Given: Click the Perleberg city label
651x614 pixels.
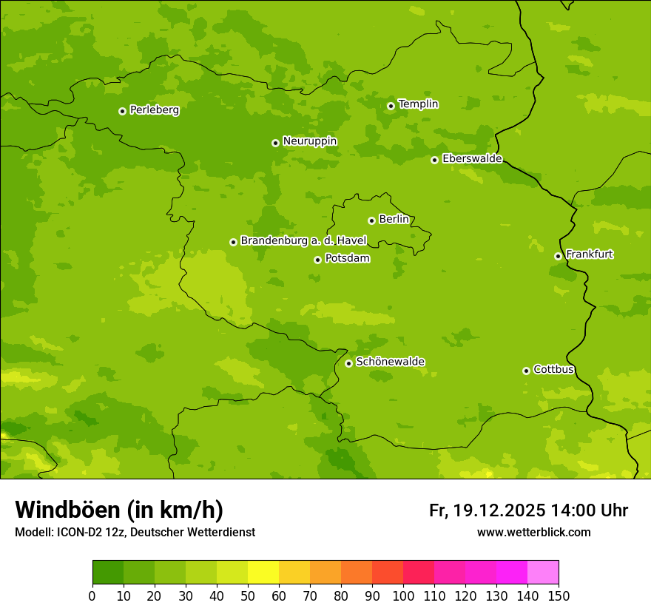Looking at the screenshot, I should coord(154,110).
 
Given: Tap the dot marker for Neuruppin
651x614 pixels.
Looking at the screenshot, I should coord(275,143).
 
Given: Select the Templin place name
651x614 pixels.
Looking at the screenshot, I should coord(418,104).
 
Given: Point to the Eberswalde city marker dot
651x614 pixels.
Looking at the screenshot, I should coord(434,160).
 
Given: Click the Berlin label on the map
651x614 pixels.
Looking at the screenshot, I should coord(394,219).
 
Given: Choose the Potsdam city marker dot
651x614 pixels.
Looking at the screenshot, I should coord(317,260).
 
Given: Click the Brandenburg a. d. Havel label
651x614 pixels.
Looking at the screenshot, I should coord(303,240).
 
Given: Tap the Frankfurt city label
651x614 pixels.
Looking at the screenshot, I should coord(589,254).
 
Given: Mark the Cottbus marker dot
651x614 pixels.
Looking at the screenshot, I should coord(526,371).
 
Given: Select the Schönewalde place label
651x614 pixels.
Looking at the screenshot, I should coord(390,362).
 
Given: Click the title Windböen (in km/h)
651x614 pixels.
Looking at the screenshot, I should coord(119,510).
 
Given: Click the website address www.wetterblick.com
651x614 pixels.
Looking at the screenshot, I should coord(533,532).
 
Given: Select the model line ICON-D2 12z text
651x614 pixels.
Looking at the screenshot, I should coord(88,532).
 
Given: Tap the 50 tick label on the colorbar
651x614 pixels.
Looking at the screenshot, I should coord(248,596).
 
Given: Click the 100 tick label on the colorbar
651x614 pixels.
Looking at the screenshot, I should coord(403,596).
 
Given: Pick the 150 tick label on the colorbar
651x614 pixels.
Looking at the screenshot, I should coord(559,596).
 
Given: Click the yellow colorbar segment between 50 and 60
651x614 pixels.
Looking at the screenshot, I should coord(263,573).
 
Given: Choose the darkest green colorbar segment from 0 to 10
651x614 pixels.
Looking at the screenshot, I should coord(108,573).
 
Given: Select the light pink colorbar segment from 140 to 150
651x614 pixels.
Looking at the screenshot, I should coord(543,573).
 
